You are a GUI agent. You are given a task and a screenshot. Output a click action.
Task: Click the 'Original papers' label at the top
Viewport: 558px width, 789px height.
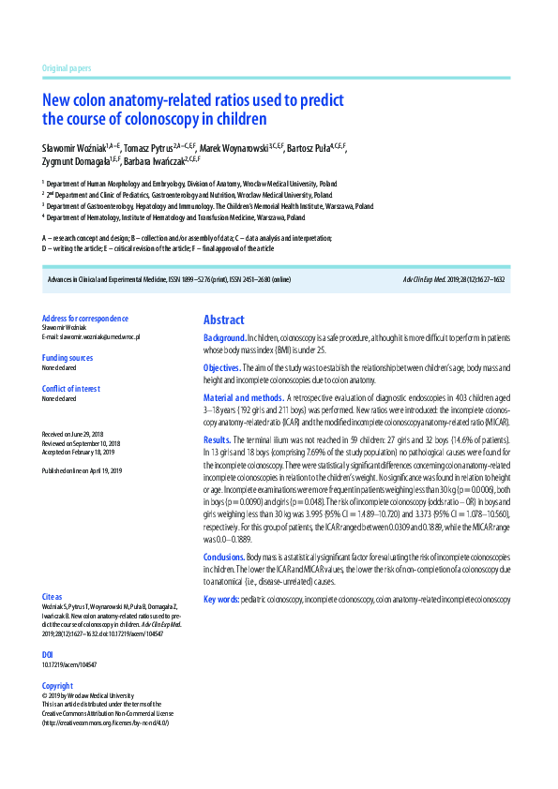[x=67, y=69]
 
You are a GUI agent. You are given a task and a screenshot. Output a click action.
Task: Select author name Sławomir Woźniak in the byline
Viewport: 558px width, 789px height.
[x=74, y=148]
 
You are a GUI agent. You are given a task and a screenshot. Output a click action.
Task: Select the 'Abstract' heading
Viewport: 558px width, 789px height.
[x=223, y=320]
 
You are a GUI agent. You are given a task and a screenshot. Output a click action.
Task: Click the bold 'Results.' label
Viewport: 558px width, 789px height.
[x=217, y=439]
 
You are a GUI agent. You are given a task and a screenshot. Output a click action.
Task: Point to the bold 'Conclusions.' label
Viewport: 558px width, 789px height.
[x=224, y=558]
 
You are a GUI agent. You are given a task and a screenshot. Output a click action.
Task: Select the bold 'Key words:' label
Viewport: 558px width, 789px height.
[x=221, y=599]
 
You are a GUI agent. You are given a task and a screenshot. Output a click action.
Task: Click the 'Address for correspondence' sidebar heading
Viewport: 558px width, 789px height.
[x=85, y=319]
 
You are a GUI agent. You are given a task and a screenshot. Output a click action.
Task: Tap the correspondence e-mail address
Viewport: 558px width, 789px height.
[x=91, y=336]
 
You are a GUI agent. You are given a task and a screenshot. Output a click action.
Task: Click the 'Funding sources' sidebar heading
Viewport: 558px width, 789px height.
[x=68, y=358]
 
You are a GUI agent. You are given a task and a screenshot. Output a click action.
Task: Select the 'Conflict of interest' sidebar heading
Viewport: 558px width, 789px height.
[x=71, y=388]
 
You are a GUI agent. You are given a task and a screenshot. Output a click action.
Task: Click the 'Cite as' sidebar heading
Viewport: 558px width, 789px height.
[x=53, y=596]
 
